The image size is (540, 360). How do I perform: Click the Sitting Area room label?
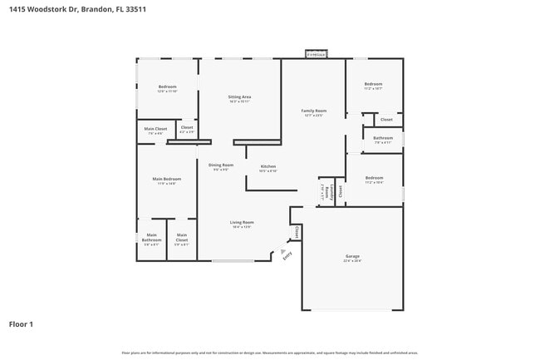[239, 97]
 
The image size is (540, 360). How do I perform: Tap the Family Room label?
[313, 111]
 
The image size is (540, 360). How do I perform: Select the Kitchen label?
[268, 166]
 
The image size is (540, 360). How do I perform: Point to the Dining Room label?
[221, 165]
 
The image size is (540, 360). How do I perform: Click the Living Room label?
[242, 222]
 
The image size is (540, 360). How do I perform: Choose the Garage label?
[352, 256]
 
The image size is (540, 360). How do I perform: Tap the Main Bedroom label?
[166, 180]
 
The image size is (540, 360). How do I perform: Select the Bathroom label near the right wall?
[383, 138]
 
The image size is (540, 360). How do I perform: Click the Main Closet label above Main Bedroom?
[155, 129]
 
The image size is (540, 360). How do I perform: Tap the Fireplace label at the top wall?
[316, 55]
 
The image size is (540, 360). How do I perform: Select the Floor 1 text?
[21, 323]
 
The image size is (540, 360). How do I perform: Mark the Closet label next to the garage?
[297, 232]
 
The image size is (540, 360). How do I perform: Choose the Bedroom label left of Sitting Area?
[167, 87]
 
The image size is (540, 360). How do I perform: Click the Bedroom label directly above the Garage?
[374, 178]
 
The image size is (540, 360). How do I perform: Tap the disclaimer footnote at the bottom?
[270, 353]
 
